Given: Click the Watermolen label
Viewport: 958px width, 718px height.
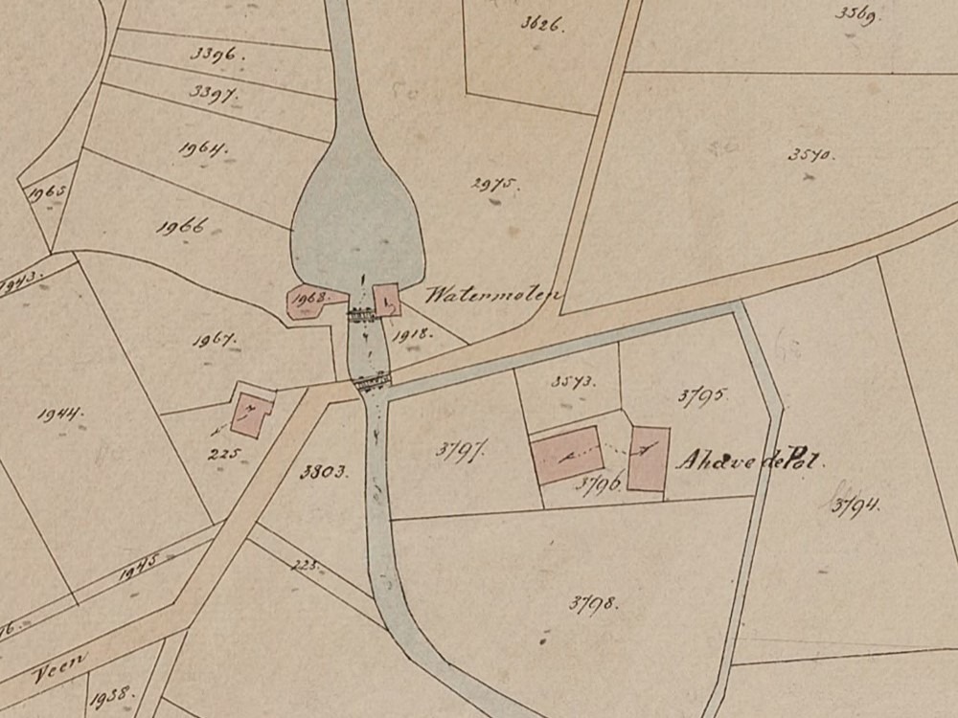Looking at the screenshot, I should (492, 294).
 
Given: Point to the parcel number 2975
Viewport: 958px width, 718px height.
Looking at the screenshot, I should (495, 185).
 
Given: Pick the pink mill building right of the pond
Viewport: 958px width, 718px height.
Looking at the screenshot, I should (386, 301).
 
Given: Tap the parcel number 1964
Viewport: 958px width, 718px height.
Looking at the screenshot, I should (202, 149).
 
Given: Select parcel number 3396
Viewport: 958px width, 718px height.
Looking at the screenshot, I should (218, 56).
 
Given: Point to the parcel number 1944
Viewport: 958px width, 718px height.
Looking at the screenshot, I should (59, 414).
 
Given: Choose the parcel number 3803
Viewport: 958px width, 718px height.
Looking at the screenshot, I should (322, 471).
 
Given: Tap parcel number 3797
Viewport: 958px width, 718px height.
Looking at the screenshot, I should (457, 450).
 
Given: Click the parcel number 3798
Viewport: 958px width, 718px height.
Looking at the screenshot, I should (593, 603).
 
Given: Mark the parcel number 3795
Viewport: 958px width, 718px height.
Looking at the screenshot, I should (704, 394).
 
